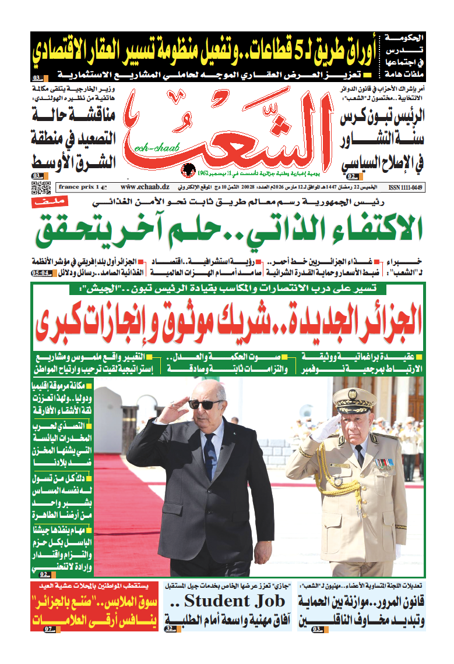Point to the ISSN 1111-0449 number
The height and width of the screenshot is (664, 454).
click(404, 187)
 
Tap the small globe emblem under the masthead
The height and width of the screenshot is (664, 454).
click(188, 169)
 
